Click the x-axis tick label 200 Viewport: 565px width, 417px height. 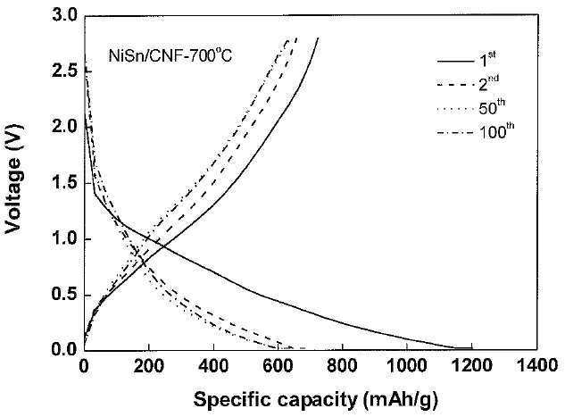pyautogui.click(x=148, y=366)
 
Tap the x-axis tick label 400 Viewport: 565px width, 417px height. pyautogui.click(x=213, y=366)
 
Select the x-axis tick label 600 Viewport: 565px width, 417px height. pyautogui.click(x=278, y=366)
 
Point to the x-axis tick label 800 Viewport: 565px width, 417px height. pyautogui.click(x=343, y=366)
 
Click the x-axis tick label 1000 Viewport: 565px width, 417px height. pyautogui.click(x=407, y=366)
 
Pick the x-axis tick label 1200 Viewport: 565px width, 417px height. pyautogui.click(x=471, y=366)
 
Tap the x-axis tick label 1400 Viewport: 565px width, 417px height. pyautogui.click(x=536, y=366)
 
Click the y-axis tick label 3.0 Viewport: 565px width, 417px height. pyautogui.click(x=65, y=16)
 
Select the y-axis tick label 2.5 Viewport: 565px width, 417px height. pyautogui.click(x=65, y=71)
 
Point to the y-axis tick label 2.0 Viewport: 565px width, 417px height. pyautogui.click(x=65, y=127)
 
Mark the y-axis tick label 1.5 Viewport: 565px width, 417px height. pyautogui.click(x=65, y=183)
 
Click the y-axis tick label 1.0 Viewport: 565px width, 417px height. pyautogui.click(x=65, y=239)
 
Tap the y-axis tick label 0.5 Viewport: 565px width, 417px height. pyautogui.click(x=65, y=296)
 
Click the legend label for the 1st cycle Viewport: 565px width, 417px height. pyautogui.click(x=487, y=60)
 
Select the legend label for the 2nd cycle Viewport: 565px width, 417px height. pyautogui.click(x=489, y=84)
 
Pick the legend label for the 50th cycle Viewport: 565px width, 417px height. pyautogui.click(x=492, y=107)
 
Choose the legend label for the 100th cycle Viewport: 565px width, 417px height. pyautogui.click(x=496, y=131)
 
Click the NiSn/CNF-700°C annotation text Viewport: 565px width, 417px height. pyautogui.click(x=170, y=55)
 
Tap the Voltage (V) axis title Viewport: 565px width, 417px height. pyautogui.click(x=13, y=179)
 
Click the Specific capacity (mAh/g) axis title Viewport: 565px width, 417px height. pyautogui.click(x=316, y=400)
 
